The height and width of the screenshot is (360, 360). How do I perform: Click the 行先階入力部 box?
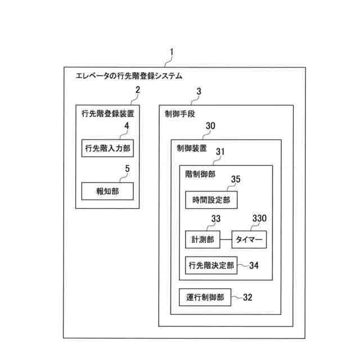pyautogui.click(x=108, y=148)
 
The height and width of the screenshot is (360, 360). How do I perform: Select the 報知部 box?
pyautogui.click(x=108, y=191)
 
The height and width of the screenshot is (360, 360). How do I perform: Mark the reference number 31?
pyautogui.click(x=220, y=151)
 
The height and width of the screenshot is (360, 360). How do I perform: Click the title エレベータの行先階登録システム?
pyautogui.click(x=129, y=75)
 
